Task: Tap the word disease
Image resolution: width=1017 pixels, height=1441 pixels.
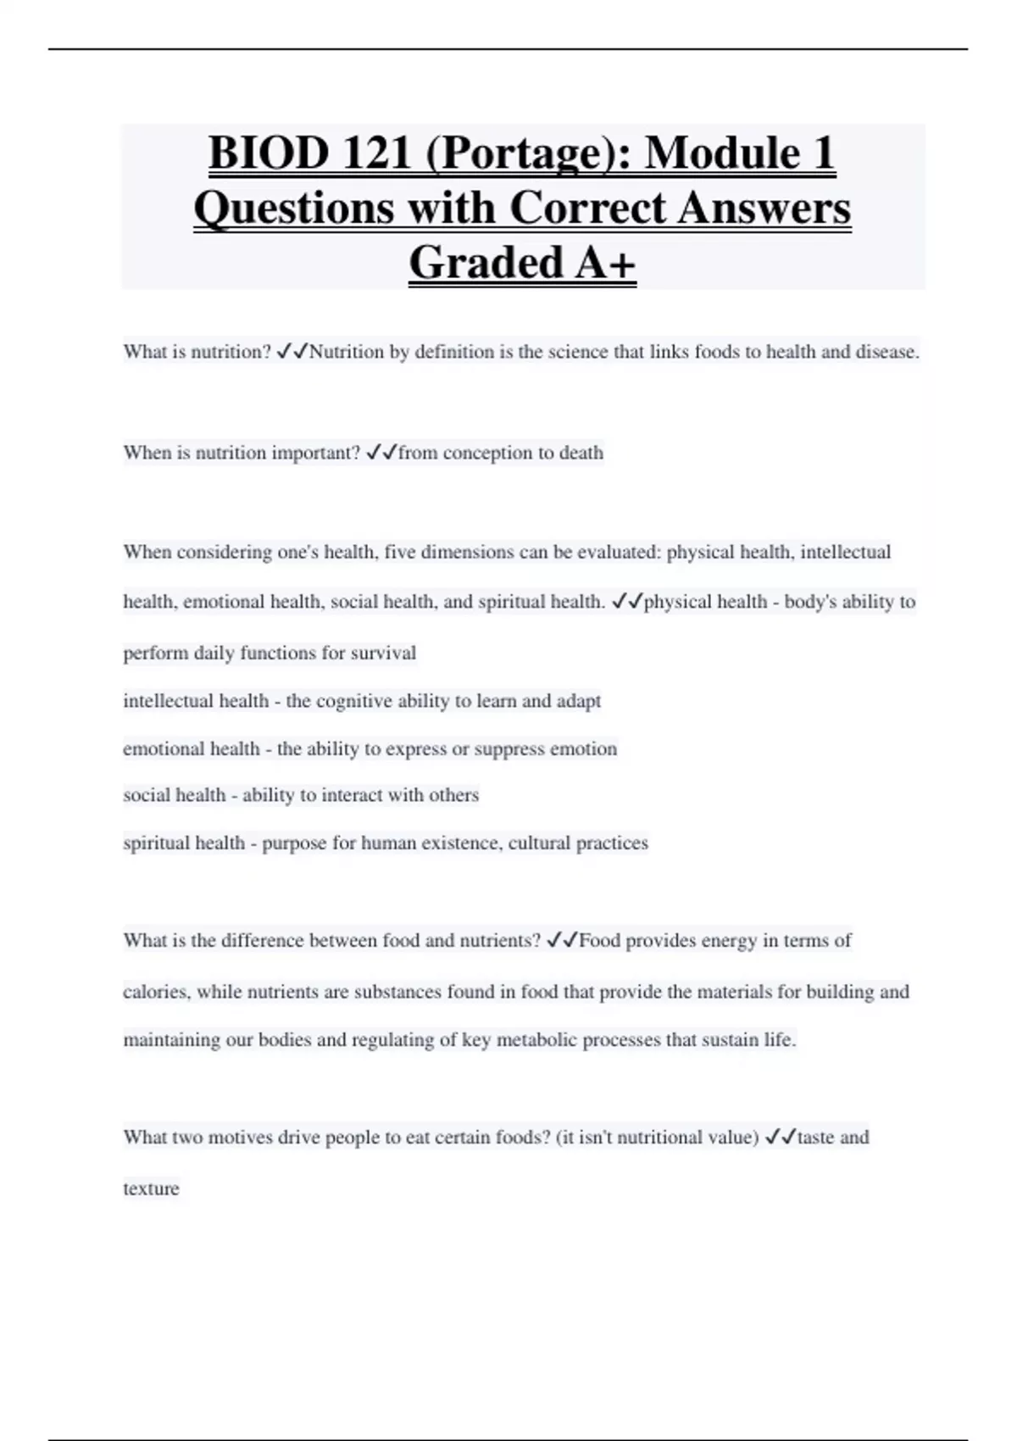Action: pos(886,352)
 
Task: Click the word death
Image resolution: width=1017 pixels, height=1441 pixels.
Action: pos(581,453)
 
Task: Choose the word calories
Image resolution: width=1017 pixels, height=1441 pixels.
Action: pos(157,992)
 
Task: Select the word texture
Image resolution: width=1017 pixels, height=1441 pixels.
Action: pos(151,1188)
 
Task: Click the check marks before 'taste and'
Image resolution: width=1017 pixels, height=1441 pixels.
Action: pos(780,1138)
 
